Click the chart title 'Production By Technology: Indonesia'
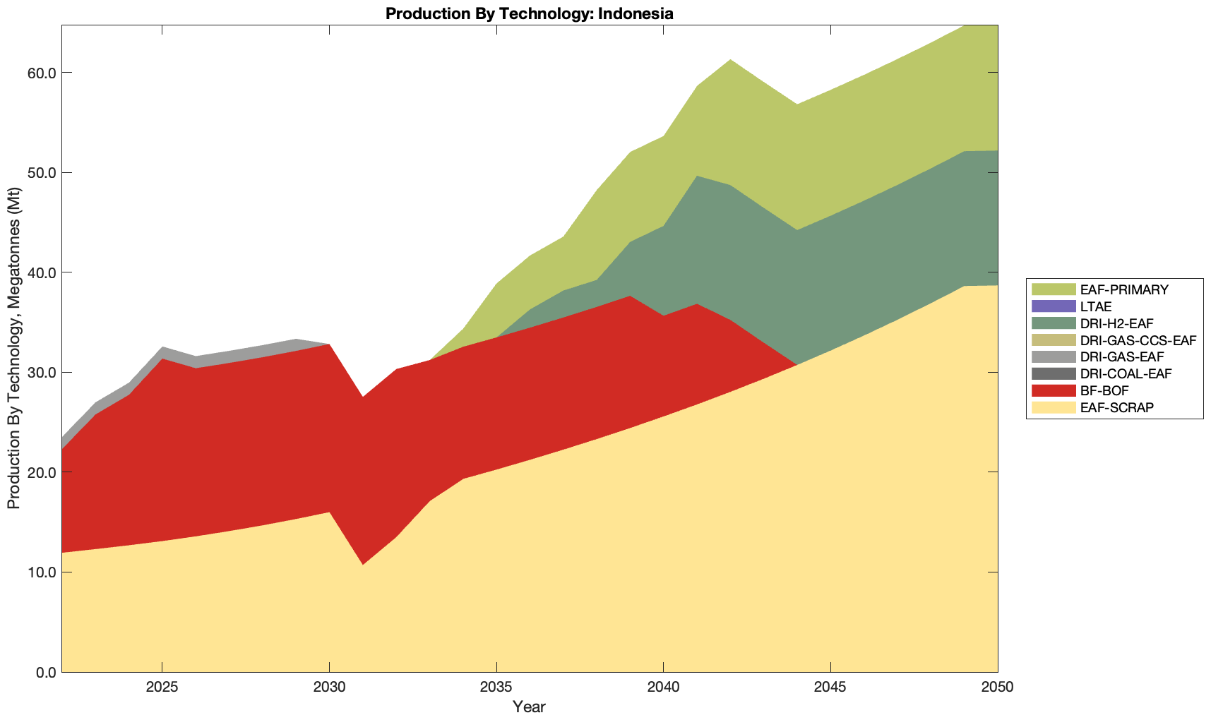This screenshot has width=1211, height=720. [x=529, y=13]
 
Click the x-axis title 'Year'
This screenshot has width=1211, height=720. [x=529, y=707]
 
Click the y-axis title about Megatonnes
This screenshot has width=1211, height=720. [x=13, y=349]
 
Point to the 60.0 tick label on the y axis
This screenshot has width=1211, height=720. [x=40, y=73]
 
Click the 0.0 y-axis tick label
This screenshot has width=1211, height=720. [x=44, y=672]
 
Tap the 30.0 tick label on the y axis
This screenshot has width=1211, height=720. [x=40, y=372]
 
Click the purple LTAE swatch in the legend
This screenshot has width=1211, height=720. [x=1053, y=306]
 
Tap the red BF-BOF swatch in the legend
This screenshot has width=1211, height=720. [x=1053, y=390]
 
